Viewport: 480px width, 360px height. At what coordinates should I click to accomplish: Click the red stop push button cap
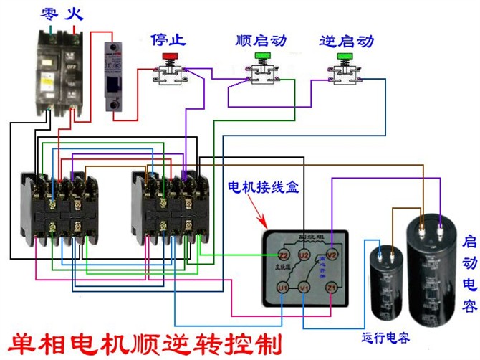tap(170, 55)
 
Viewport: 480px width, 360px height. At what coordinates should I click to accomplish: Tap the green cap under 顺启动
tap(261, 55)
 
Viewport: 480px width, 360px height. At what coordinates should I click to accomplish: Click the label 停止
tap(168, 39)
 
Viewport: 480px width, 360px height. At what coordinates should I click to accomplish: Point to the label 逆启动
tap(346, 39)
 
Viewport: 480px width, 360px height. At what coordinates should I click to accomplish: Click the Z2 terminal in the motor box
tap(284, 255)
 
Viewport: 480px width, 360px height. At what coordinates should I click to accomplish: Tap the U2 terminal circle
tap(304, 255)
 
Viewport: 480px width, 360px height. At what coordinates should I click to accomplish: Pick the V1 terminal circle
tap(304, 288)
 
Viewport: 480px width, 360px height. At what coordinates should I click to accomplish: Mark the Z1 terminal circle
tap(331, 288)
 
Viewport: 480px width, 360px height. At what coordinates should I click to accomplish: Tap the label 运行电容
tap(384, 338)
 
